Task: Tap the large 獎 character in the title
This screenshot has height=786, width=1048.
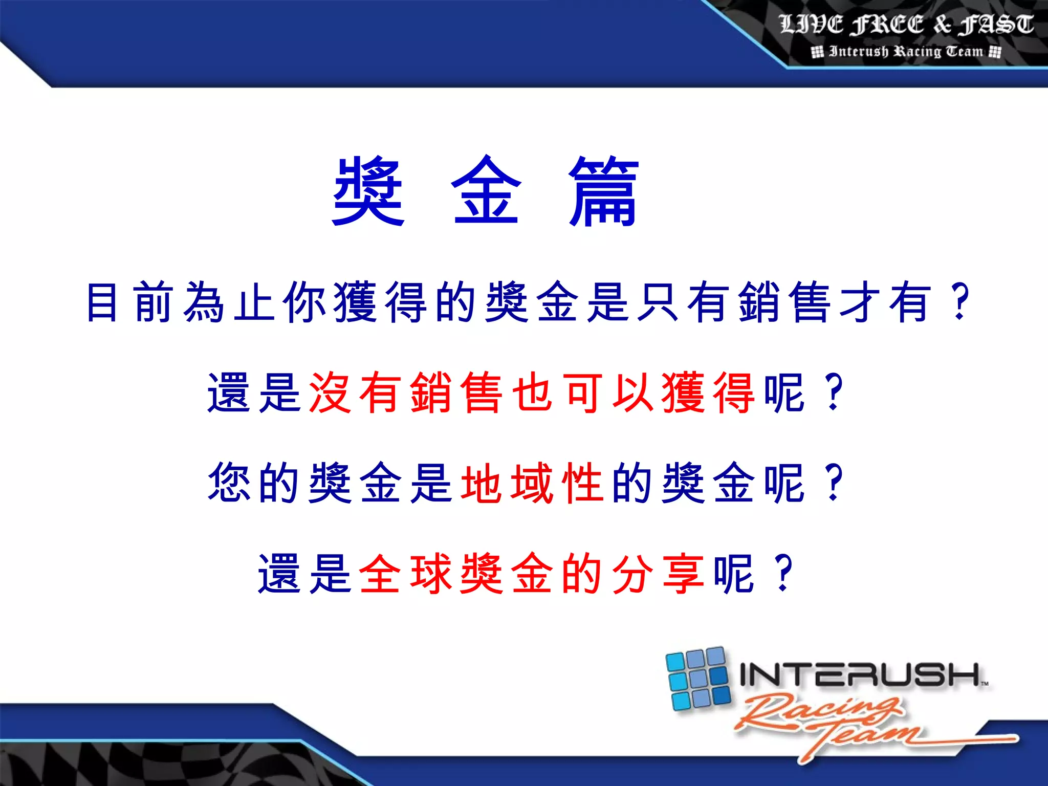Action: click(x=368, y=192)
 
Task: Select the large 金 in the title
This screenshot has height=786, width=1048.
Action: click(x=486, y=192)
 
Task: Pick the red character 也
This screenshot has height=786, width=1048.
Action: click(x=532, y=392)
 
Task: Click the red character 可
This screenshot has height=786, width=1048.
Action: click(x=582, y=392)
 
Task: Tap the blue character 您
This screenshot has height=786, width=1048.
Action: click(x=229, y=483)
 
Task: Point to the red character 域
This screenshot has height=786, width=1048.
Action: click(x=532, y=483)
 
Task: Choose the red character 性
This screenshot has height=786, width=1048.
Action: click(x=582, y=483)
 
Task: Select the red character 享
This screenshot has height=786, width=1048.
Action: click(x=683, y=573)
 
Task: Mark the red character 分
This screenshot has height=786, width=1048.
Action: click(x=633, y=573)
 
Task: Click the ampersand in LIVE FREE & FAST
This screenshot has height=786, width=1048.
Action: click(x=942, y=25)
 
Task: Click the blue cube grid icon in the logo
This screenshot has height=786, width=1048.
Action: click(x=698, y=679)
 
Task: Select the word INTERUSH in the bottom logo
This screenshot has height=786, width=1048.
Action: click(x=860, y=674)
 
